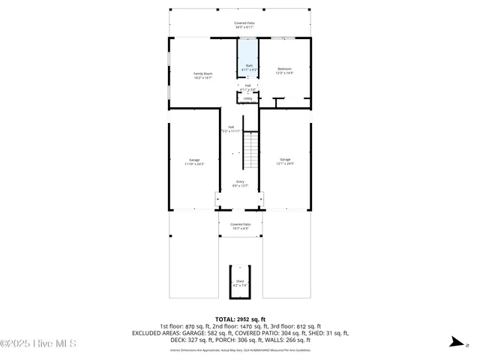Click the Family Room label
click(x=198, y=73)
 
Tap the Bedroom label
click(x=285, y=69)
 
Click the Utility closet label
click(x=247, y=98)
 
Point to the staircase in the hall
click(x=250, y=150)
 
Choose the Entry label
click(x=240, y=181)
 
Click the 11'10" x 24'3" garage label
click(x=194, y=163)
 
